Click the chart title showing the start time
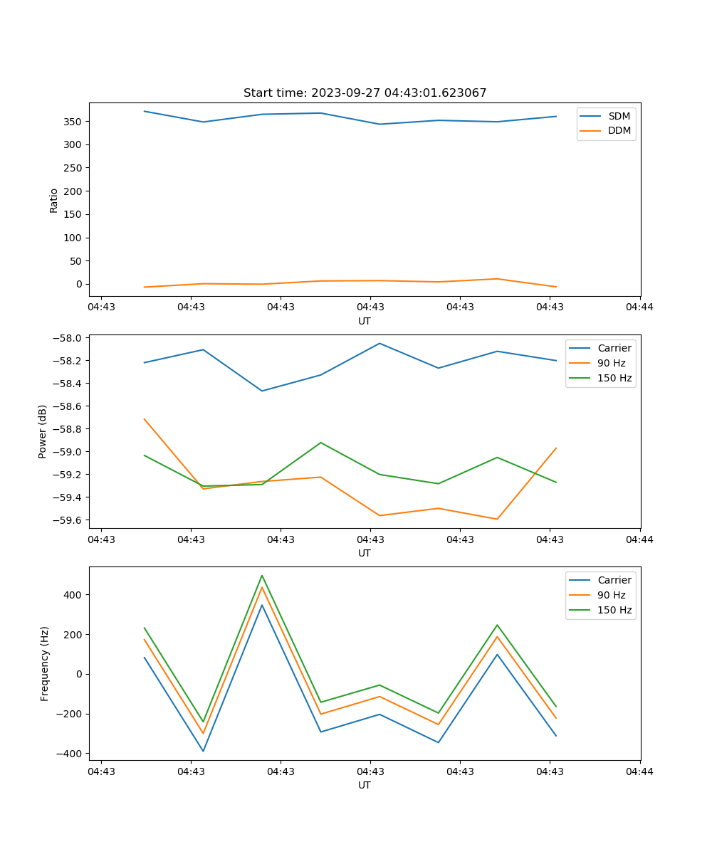[365, 93]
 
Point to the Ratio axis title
[54, 200]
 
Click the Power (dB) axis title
[43, 431]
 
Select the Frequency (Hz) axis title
[45, 663]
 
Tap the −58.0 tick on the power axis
[67, 338]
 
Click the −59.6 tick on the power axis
[67, 520]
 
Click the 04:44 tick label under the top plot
[639, 307]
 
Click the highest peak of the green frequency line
[262, 576]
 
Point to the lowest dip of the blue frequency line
[203, 751]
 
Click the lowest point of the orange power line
[497, 519]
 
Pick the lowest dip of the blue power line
[262, 391]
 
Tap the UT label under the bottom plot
[365, 785]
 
